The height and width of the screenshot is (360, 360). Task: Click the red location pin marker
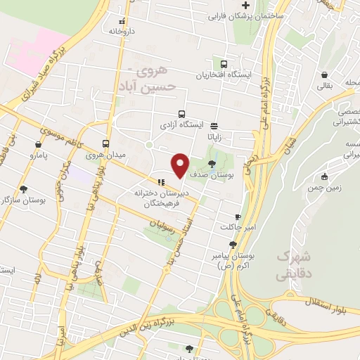click(180, 165)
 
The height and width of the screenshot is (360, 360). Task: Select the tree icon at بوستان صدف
click(212, 163)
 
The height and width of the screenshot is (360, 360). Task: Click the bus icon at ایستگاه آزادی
click(181, 114)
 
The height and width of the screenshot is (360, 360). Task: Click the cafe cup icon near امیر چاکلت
click(238, 216)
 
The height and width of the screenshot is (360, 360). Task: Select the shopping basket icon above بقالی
click(323, 75)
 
